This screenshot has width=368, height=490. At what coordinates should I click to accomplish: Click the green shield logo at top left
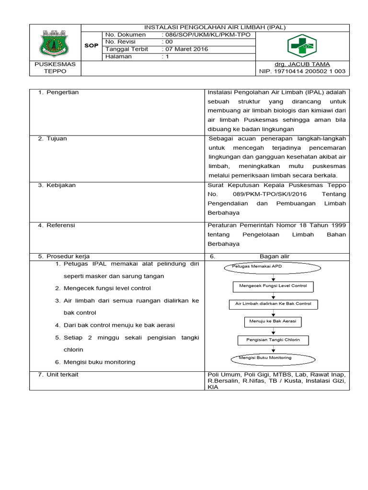coord(55,45)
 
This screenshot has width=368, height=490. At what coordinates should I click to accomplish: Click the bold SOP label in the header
coord(92,45)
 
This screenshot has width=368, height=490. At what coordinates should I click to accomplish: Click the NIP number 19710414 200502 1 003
coord(302,71)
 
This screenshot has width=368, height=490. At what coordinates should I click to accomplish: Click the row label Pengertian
coord(62,92)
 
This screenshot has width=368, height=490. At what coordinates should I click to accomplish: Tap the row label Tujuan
coord(56,138)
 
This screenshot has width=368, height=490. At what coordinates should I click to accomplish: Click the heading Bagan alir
coord(275,256)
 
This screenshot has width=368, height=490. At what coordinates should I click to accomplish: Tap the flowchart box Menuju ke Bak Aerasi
coord(273,322)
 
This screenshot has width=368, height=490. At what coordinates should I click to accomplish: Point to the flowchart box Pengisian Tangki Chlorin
coord(273,340)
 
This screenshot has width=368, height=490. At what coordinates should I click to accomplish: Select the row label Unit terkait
coord(62,375)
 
